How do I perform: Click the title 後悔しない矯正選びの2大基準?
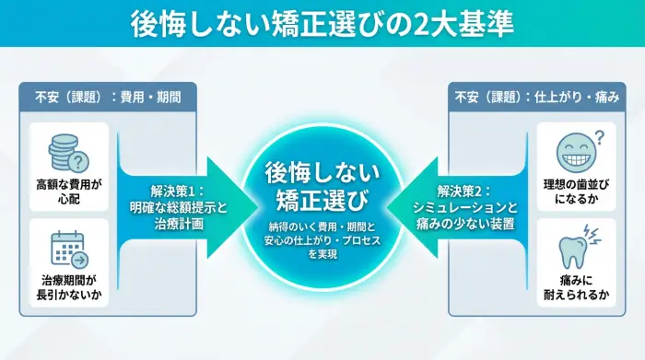(322, 22)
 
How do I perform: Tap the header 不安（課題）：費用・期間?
(108, 95)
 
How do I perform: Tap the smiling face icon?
(573, 151)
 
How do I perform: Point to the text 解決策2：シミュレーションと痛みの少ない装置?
(475, 206)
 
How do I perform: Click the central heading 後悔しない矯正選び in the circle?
(322, 184)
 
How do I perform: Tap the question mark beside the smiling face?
(598, 137)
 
